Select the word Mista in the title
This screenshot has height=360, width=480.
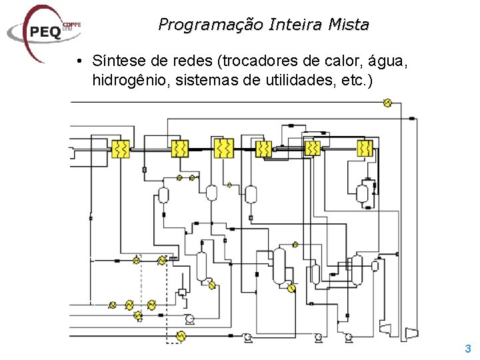350,25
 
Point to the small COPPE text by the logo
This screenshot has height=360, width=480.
71,25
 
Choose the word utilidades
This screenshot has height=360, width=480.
292,80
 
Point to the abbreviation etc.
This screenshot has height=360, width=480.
354,80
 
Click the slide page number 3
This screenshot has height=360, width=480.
468,348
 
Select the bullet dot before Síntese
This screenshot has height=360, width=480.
79,62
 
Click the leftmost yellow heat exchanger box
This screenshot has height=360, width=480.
121,149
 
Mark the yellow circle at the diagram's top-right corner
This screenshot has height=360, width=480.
387,103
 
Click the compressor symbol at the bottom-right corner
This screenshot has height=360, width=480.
413,333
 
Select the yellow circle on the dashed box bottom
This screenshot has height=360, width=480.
180,338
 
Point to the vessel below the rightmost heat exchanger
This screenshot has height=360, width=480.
362,193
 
